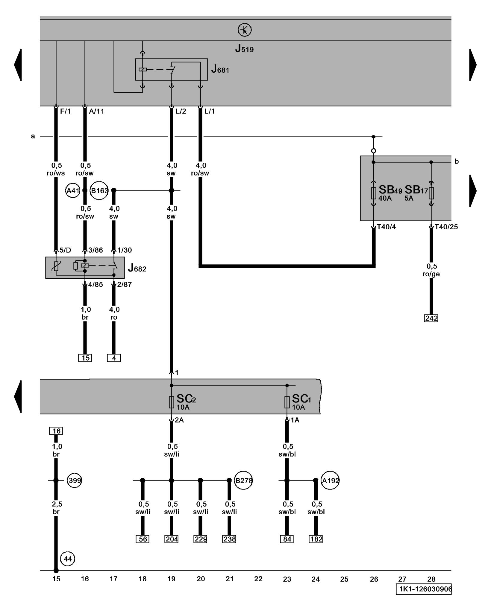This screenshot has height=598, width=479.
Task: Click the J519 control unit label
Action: point(244,48)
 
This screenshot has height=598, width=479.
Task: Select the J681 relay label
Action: point(220,69)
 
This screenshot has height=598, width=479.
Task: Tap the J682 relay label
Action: point(137,268)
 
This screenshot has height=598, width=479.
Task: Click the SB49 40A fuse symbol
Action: point(373,193)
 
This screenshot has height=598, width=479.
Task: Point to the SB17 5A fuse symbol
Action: point(431,193)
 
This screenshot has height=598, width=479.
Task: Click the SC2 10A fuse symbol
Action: point(172,402)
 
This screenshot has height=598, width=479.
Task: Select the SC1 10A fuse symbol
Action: point(287,402)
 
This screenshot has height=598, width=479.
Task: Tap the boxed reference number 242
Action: point(431,318)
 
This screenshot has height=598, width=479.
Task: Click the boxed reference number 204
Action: point(172,539)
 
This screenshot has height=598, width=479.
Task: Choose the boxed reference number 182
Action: point(316,539)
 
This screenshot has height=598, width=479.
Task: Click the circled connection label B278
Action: point(243,480)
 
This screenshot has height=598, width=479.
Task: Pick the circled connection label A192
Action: point(330,480)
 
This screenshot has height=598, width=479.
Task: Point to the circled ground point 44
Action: point(68,559)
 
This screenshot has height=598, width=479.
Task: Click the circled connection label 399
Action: point(74,480)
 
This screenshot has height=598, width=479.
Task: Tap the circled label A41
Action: point(73,190)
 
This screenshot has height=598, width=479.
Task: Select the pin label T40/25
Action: point(446,227)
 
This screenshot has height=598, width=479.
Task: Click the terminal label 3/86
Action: point(95,250)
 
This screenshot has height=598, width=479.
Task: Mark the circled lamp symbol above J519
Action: point(245,30)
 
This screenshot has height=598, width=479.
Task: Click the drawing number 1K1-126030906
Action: point(424,589)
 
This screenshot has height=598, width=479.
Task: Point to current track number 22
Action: point(258,579)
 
